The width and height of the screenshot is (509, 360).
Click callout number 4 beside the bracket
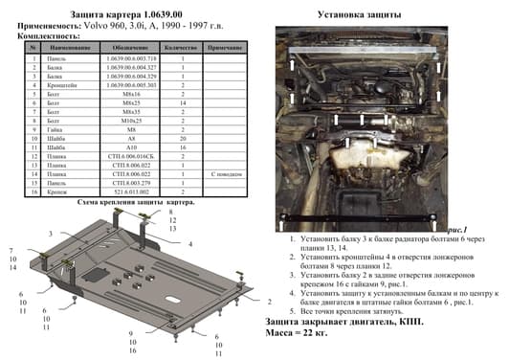pos(190,245)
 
